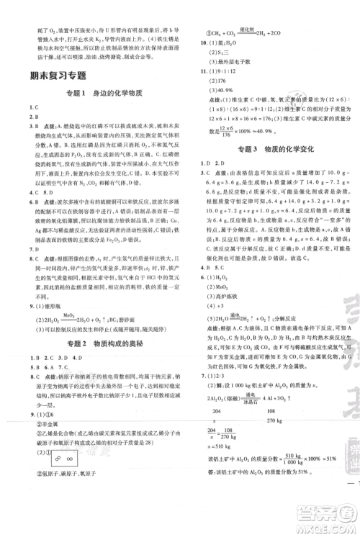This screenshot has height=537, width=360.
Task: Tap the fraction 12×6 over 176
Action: (222, 131)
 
